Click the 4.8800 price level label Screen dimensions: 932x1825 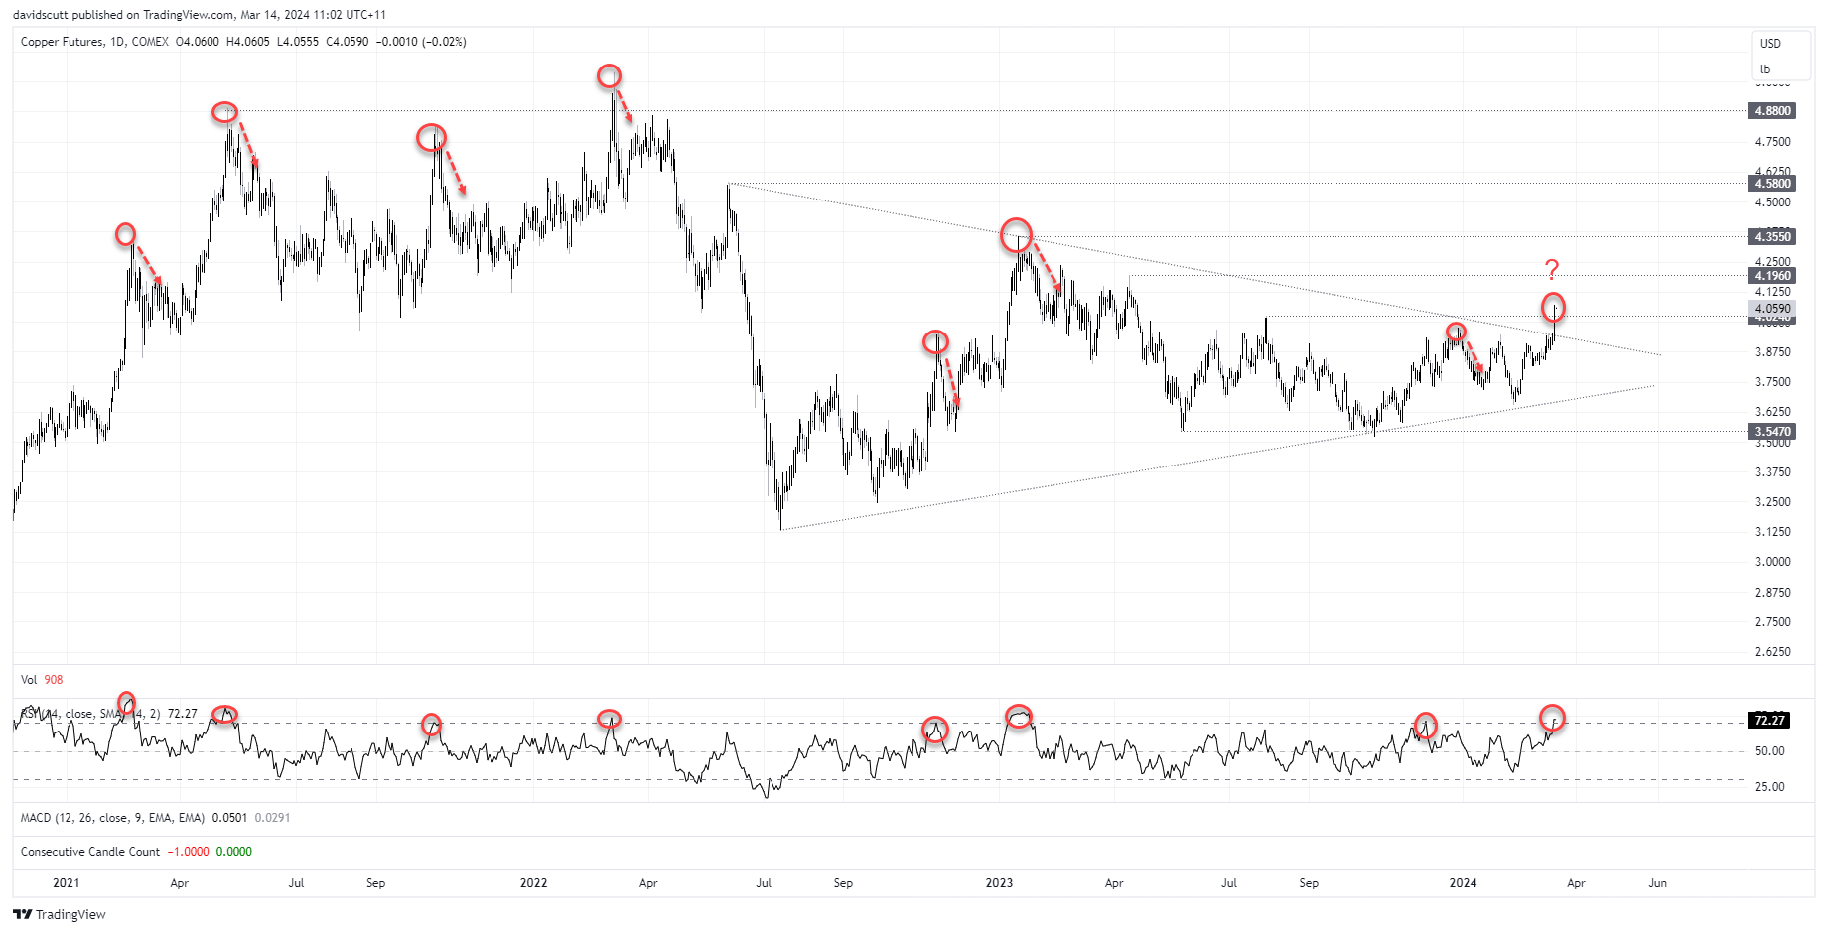(x=1772, y=111)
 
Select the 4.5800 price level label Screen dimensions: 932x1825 (x=1772, y=184)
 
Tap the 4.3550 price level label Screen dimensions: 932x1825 (x=1772, y=237)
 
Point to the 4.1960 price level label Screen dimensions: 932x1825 (x=1772, y=276)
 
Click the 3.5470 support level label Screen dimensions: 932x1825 (x=1772, y=432)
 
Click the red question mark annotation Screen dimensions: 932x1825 (x=1552, y=269)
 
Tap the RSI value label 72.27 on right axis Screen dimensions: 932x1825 (x=1769, y=721)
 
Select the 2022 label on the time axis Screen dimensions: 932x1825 (x=533, y=883)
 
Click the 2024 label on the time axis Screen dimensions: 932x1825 (x=1463, y=883)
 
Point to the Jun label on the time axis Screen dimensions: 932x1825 (x=1657, y=883)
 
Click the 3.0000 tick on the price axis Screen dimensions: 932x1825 (x=1772, y=562)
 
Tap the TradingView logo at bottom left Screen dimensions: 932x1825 (x=60, y=914)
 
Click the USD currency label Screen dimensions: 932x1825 (x=1770, y=44)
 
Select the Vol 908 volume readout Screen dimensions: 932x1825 (x=42, y=680)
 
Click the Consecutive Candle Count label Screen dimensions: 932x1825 (x=90, y=852)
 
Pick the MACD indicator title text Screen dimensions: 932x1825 (x=112, y=818)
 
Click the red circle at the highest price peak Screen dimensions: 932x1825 (x=609, y=76)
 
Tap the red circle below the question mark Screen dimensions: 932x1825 (x=1553, y=307)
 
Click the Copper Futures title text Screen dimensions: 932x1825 (x=62, y=42)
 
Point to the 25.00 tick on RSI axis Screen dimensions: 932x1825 (x=1769, y=787)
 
